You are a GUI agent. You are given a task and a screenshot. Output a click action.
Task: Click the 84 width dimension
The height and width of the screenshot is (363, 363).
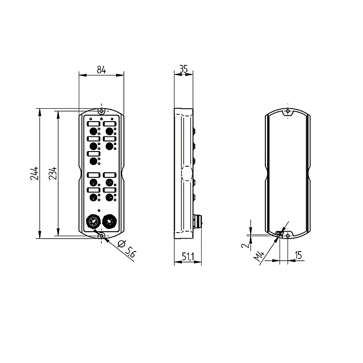click(x=101, y=70)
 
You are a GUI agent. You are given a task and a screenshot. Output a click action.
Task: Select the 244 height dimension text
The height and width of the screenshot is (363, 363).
click(x=34, y=173)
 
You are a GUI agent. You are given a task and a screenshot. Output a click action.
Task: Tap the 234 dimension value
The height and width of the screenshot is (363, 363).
click(x=53, y=173)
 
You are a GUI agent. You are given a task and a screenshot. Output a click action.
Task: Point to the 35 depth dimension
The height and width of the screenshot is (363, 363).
click(x=183, y=69)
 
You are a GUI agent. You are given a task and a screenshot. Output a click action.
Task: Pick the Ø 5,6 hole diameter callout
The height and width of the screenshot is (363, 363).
click(x=126, y=249)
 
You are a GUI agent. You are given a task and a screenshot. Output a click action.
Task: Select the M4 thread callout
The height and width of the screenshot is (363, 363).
click(x=259, y=256)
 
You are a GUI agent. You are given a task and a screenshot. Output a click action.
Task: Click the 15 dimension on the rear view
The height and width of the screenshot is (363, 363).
click(x=299, y=255)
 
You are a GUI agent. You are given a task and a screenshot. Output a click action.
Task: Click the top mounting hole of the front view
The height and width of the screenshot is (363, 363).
click(x=101, y=111)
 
